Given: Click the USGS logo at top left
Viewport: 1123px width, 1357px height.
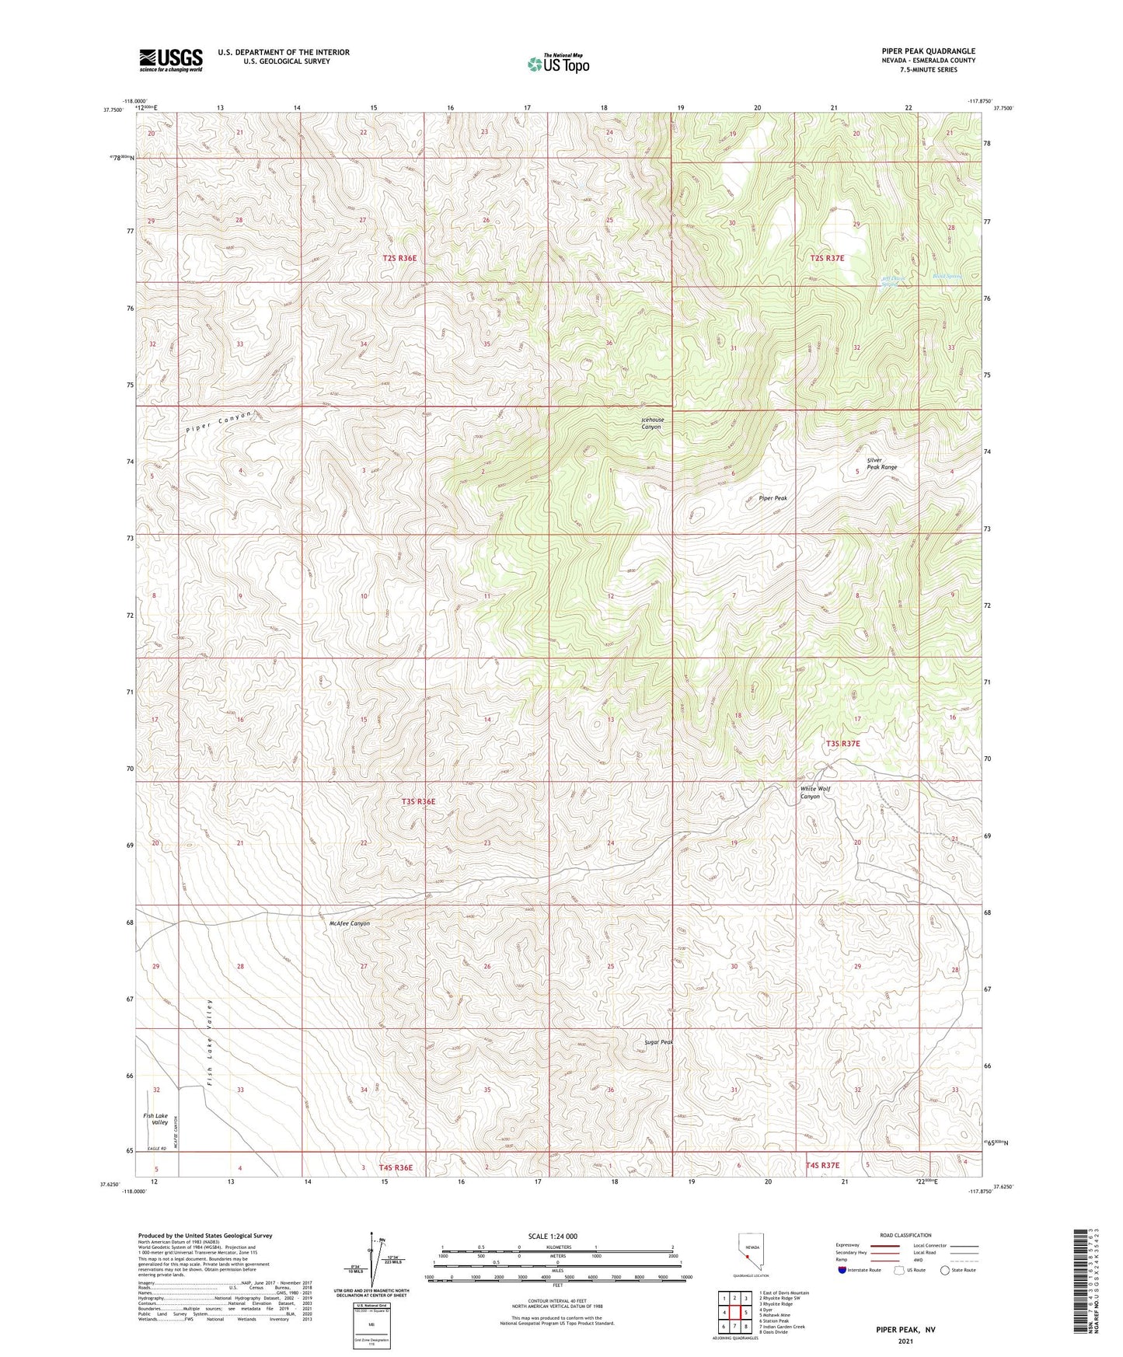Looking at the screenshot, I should coord(171,60).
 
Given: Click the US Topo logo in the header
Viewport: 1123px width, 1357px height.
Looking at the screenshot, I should coord(558,64).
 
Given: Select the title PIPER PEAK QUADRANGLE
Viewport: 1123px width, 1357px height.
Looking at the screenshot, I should coord(928,51).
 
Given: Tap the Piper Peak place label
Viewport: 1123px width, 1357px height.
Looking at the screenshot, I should coord(772,498).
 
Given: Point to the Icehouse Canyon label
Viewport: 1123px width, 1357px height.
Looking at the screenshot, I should coord(651,424).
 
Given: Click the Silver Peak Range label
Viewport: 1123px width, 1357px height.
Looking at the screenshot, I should coord(881,463).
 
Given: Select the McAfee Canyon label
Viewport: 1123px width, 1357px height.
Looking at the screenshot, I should coord(350,923).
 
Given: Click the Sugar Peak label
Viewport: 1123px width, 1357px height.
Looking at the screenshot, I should coord(658,1042).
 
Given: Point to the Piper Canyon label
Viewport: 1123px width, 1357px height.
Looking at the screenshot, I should coord(219,424).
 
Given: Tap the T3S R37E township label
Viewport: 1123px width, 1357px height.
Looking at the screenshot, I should coord(842,744).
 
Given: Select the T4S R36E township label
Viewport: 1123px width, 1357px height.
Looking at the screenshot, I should coord(396,1167).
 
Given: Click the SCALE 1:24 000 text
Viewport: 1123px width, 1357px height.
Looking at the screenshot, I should coord(553,1236).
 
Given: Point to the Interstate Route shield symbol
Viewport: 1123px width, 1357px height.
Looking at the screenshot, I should coord(843,1271).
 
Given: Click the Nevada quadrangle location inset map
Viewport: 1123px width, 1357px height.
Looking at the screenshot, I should coord(748,1251).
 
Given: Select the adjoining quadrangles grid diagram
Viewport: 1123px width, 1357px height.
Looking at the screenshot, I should coord(734,1313).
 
